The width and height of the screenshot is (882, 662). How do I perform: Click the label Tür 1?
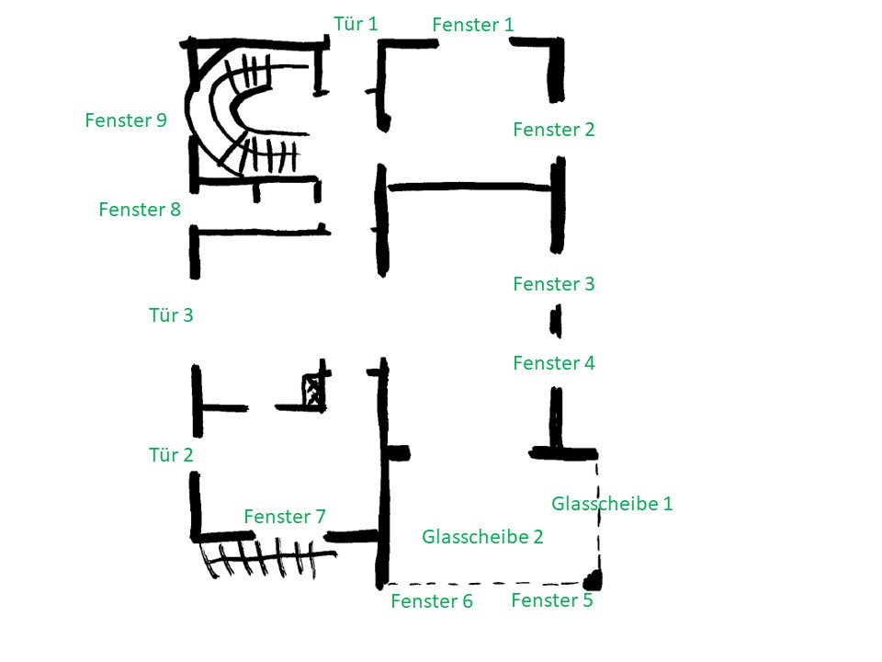pos(356,23)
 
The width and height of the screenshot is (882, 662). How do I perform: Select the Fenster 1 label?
pos(473,25)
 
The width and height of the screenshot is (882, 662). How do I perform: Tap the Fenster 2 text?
pos(554,130)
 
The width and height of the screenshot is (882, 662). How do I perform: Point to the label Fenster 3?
pos(554,284)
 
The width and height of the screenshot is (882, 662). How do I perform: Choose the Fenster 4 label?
pos(554,363)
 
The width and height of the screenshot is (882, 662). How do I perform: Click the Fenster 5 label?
pos(551,601)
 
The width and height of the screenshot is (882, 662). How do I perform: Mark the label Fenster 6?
pos(432,602)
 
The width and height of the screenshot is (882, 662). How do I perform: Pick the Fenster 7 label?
pos(285,517)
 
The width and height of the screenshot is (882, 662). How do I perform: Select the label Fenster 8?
pos(140,210)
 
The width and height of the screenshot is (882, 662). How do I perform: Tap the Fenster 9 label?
pos(126,120)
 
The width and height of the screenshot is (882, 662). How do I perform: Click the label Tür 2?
pos(171,454)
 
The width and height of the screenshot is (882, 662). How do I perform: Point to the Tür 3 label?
pos(171,315)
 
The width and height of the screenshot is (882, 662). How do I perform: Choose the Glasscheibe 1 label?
pos(612,504)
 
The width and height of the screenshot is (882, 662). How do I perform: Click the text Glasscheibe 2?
pos(482,537)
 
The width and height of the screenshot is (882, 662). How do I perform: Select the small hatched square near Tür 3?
pos(314,391)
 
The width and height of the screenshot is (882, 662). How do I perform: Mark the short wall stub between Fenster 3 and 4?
pos(556,322)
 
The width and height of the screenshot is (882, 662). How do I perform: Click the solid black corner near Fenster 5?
pos(594,579)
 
